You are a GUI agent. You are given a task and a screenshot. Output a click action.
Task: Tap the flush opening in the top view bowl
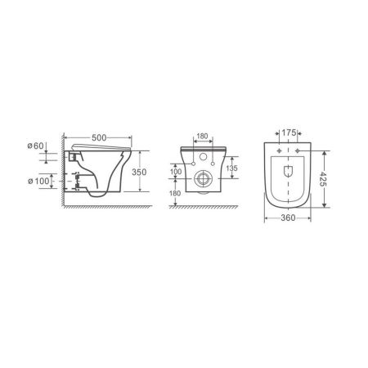(287, 170)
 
